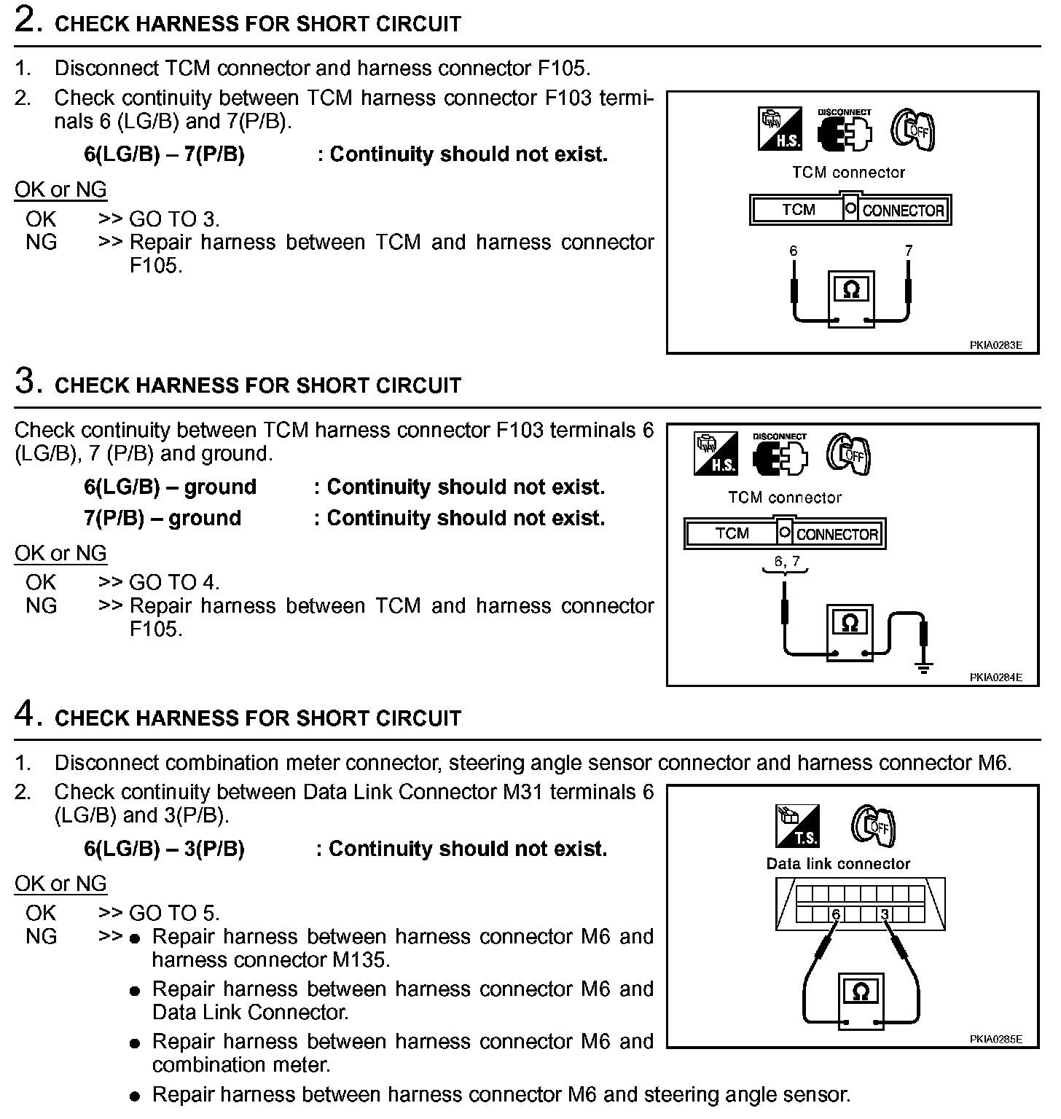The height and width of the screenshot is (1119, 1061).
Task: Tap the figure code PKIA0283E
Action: [x=995, y=345]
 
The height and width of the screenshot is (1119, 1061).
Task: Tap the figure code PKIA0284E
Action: [x=995, y=678]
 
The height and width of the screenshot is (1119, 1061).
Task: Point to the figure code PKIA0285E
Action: [x=995, y=1039]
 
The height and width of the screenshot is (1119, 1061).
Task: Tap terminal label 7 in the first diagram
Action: [x=909, y=251]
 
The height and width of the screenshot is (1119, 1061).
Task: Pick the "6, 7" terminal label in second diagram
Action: [x=786, y=561]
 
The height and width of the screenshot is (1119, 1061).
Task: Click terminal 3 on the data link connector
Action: [x=885, y=914]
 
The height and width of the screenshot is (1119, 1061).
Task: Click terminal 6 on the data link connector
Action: [x=836, y=914]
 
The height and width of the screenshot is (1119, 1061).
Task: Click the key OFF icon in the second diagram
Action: [x=849, y=455]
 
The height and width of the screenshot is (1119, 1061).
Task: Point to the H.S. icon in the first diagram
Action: [x=780, y=130]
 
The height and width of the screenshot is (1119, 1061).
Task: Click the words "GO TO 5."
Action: [x=174, y=913]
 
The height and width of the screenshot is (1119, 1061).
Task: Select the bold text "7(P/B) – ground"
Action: [x=163, y=518]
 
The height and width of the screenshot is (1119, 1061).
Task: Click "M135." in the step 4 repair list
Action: [x=361, y=959]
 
